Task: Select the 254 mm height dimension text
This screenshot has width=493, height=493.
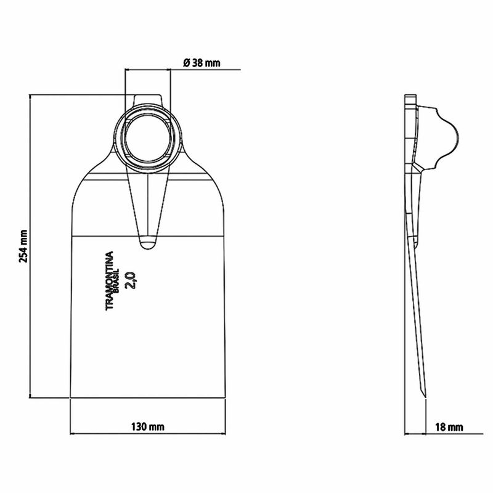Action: (23, 246)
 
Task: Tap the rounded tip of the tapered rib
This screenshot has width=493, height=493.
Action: (148, 245)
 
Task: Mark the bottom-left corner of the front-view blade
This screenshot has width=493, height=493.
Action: (71, 398)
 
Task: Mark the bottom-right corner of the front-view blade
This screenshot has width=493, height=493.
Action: (222, 398)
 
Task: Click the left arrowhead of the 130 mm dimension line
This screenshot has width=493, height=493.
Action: (73, 434)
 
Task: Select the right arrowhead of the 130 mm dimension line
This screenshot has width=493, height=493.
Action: (220, 434)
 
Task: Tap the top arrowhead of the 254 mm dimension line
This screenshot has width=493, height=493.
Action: (31, 97)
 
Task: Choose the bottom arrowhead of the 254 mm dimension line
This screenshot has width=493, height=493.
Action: (31, 396)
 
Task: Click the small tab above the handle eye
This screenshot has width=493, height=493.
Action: (147, 100)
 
